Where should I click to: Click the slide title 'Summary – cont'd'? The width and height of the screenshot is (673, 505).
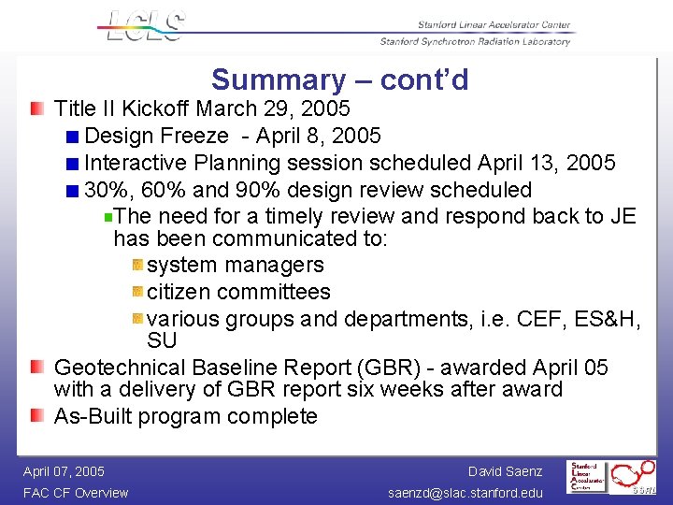click(339, 80)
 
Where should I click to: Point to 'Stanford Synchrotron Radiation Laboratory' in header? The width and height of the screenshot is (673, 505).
click(474, 41)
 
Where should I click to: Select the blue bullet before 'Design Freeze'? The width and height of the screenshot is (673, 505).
click(73, 137)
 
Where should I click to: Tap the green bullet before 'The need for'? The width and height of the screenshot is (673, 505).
click(108, 217)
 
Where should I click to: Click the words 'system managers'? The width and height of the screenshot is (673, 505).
click(236, 266)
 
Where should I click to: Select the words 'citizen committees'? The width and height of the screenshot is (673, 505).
click(238, 293)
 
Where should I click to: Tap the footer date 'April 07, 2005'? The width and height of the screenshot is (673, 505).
click(64, 471)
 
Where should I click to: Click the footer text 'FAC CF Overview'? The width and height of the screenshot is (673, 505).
click(76, 493)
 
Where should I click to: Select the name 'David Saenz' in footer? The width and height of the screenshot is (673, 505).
click(505, 471)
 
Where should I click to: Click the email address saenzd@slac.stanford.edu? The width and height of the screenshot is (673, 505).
click(464, 493)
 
